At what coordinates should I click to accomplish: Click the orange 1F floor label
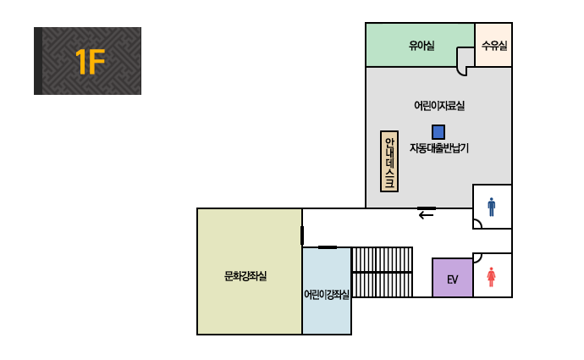pyautogui.click(x=90, y=62)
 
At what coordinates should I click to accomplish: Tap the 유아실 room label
pyautogui.click(x=421, y=46)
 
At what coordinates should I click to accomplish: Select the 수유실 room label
pyautogui.click(x=494, y=46)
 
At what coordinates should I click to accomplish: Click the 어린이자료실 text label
pyautogui.click(x=439, y=106)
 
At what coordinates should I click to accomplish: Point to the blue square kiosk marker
pyautogui.click(x=438, y=132)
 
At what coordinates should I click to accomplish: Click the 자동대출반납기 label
pyautogui.click(x=438, y=148)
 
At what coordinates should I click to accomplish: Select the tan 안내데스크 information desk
pyautogui.click(x=389, y=162)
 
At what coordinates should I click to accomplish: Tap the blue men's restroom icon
pyautogui.click(x=492, y=207)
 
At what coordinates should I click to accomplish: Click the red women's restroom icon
pyautogui.click(x=491, y=277)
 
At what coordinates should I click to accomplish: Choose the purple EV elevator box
pyautogui.click(x=453, y=278)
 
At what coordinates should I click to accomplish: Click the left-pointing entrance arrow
pyautogui.click(x=426, y=215)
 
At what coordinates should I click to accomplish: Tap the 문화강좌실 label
pyautogui.click(x=245, y=276)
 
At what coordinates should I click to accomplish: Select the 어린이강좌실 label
pyautogui.click(x=327, y=295)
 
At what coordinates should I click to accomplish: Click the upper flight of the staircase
pyautogui.click(x=382, y=260)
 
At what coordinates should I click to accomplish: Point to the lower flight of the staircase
pyautogui.click(x=382, y=285)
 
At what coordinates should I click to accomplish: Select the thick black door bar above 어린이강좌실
pyautogui.click(x=328, y=247)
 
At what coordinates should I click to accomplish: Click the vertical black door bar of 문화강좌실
pyautogui.click(x=302, y=235)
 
